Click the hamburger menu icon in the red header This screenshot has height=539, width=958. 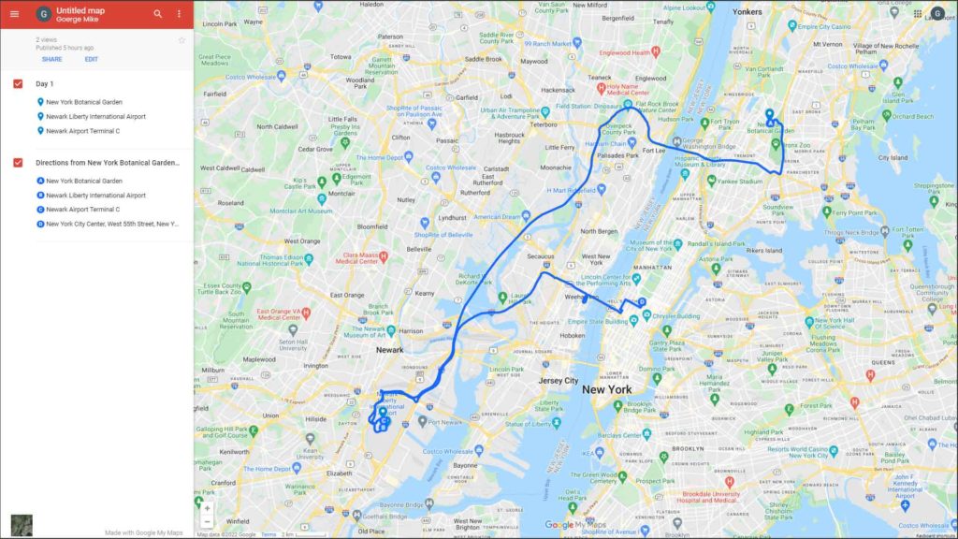point(14,14)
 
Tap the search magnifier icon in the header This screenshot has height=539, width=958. point(157,14)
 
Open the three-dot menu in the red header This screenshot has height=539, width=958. point(179,14)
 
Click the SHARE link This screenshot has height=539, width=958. point(51,59)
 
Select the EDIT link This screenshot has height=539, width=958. point(91,59)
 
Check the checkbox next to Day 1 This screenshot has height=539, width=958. point(18,84)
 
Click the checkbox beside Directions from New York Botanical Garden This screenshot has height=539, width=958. point(18,163)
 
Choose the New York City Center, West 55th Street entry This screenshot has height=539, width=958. point(112,225)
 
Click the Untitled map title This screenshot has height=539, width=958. point(80,9)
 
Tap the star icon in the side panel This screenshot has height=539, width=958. point(181,40)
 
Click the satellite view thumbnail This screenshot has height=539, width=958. point(22,525)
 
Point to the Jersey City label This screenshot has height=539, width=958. point(558,381)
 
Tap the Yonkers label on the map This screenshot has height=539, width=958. point(748,11)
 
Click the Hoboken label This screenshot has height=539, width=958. point(571,335)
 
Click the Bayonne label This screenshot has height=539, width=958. point(464,464)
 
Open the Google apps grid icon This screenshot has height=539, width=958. point(917,14)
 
